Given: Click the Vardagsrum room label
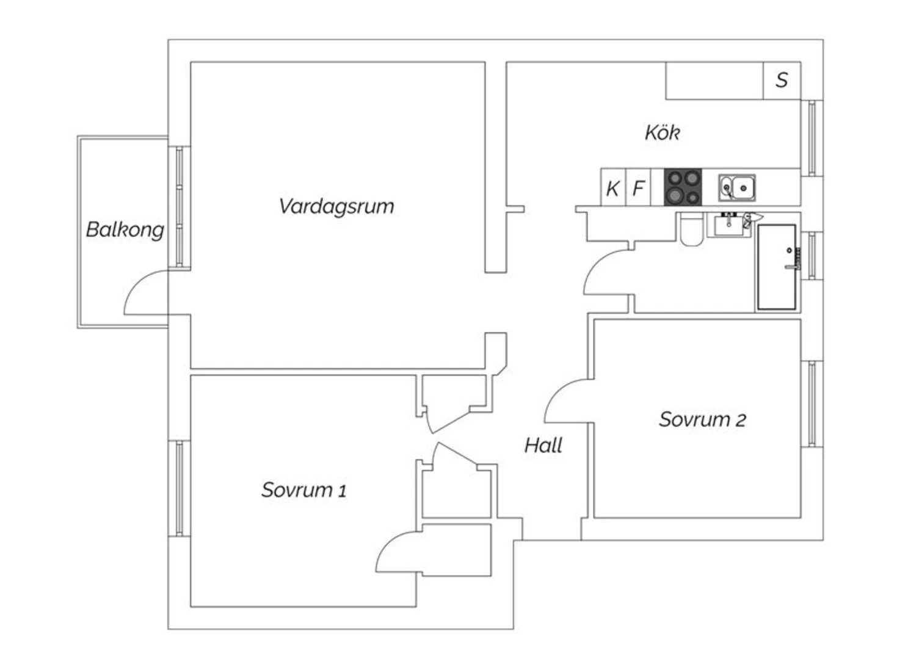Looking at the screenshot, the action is (336, 206).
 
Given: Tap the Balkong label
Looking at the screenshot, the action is (125, 229).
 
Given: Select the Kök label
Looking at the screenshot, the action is (663, 133).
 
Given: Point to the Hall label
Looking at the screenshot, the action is (543, 445).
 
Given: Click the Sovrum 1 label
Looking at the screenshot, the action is (304, 490).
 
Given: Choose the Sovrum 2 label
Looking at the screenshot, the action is (702, 419).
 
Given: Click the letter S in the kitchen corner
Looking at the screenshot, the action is (782, 80).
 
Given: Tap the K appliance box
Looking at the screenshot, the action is (613, 187).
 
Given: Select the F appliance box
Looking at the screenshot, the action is (638, 187).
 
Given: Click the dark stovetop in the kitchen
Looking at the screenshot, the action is (683, 187).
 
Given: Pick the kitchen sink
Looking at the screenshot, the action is (737, 187).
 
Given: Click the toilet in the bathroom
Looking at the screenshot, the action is (691, 229).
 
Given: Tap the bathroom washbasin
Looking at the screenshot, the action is (729, 225).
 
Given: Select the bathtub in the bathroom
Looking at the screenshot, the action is (777, 267).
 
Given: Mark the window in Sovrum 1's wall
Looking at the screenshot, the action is (179, 488).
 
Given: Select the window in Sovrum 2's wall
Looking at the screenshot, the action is (812, 404).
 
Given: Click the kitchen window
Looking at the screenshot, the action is (812, 138).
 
